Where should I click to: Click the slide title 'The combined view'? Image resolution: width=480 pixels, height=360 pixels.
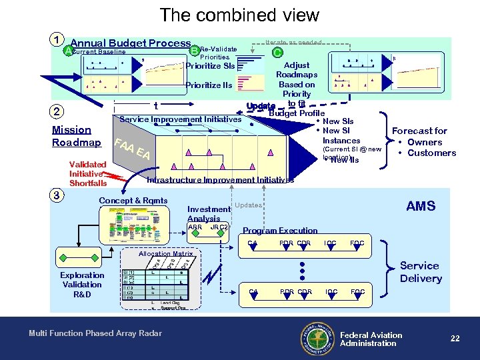[239, 15]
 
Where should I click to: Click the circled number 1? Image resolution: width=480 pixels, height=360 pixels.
[58, 39]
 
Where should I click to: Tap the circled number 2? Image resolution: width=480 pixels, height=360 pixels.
[58, 112]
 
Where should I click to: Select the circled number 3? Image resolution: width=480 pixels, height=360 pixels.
[58, 195]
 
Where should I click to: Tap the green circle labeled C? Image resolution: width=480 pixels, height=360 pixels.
[278, 51]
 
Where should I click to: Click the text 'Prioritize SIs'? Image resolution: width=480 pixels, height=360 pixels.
[210, 66]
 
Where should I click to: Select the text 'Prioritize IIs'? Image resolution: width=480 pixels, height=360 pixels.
[209, 85]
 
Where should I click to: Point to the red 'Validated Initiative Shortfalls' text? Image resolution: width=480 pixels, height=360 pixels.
[87, 174]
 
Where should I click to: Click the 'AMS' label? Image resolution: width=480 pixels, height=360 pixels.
[421, 206]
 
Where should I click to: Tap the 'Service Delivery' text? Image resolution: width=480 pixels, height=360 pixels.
[421, 272]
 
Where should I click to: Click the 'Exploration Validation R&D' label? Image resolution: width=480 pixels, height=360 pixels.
[82, 285]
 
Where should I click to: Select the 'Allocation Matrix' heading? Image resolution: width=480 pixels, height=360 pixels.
[165, 254]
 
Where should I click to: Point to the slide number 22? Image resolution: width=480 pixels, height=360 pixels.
[455, 339]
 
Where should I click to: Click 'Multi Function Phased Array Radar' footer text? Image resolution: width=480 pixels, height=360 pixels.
[95, 333]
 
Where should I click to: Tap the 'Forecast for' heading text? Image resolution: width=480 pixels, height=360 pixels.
[419, 131]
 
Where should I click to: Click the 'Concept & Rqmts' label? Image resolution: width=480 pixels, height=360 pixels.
[133, 201]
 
